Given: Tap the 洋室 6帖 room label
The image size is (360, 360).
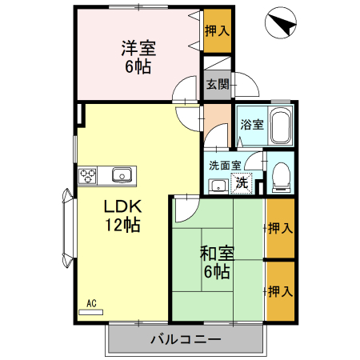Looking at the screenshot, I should pos(138,56).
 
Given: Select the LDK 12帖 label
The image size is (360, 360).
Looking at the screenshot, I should pos(121,215).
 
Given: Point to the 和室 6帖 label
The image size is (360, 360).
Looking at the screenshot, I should pos(216,263).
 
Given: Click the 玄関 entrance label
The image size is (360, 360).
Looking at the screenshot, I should pos(216,83).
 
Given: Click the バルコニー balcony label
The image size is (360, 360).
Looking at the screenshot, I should pos(186,339).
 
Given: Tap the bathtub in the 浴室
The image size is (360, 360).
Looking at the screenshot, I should pos(279,127).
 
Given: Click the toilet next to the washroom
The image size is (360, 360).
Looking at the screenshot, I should pos(281,177).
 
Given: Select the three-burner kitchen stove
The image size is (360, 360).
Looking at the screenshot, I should pos(88,175).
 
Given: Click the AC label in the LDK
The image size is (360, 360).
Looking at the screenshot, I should pos(91,303).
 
